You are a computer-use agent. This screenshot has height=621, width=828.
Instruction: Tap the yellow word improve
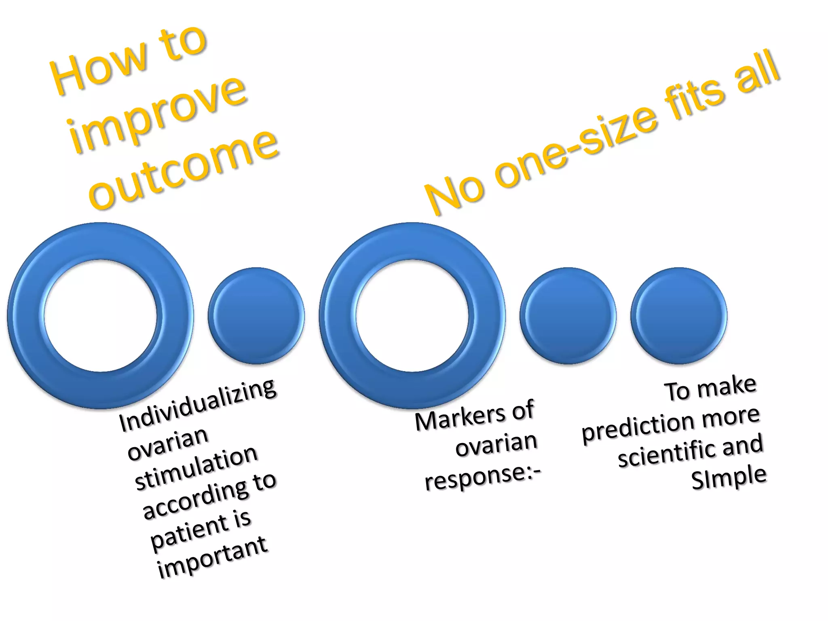pyautogui.click(x=158, y=113)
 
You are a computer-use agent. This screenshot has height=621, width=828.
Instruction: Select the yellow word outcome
pyautogui.click(x=184, y=170)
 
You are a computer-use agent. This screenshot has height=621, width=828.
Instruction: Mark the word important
pyautogui.click(x=212, y=558)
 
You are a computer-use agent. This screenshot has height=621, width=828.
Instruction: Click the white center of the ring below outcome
pyautogui.click(x=100, y=315)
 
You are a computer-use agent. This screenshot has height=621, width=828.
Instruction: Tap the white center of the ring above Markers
pyautogui.click(x=412, y=315)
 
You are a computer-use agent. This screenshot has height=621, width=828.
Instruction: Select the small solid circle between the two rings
pyautogui.click(x=256, y=316)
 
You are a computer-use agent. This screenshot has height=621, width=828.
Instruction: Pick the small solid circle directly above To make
pyautogui.click(x=679, y=316)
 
